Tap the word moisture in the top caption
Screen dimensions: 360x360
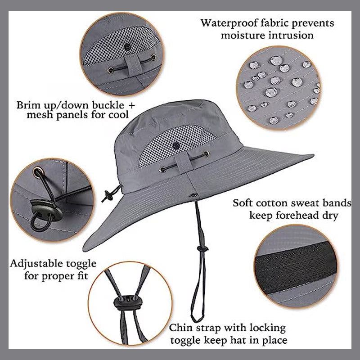243,35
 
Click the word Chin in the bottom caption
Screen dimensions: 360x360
180,328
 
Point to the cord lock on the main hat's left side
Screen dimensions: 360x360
107,196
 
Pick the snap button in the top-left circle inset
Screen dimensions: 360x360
127,47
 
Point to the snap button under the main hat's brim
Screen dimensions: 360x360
194,195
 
